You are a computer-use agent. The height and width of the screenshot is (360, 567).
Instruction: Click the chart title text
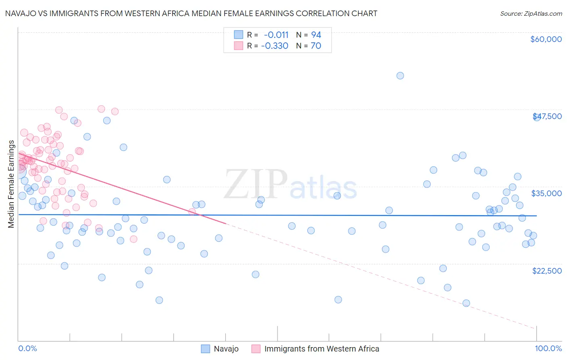pos(191,13)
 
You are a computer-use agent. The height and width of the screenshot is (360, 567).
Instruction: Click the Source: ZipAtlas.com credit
pos(531,14)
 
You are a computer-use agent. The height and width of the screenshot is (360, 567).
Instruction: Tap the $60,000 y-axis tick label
pos(546,39)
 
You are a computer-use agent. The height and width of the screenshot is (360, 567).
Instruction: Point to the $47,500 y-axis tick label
pos(547,116)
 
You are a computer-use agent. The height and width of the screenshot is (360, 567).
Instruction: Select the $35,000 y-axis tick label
pos(546,193)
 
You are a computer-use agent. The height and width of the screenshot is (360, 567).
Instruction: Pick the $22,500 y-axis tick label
pos(547,271)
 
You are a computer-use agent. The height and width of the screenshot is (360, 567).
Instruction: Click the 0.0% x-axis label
pos(27,348)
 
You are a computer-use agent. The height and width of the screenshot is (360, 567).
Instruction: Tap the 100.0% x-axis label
pos(548,348)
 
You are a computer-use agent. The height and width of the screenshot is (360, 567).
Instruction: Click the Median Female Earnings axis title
pos(11,184)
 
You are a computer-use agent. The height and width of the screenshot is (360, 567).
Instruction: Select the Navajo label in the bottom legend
pos(226,349)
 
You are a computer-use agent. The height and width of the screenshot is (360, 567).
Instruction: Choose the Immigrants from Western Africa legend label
pos(321,349)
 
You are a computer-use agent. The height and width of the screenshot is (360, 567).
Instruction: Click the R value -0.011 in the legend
pos(276,35)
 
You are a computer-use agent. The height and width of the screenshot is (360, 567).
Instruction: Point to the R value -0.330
pos(275,46)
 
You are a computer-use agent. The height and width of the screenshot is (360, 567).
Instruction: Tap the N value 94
pos(316,35)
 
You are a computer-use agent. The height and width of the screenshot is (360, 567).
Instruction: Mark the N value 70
pos(316,46)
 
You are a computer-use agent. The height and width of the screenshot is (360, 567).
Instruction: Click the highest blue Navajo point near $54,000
pos(400,75)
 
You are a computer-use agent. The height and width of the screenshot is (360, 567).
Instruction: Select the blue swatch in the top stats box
pos(239,35)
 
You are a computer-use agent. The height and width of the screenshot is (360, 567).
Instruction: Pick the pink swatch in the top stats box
pos(239,46)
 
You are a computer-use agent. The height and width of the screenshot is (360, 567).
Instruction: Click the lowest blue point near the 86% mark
pos(466,303)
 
